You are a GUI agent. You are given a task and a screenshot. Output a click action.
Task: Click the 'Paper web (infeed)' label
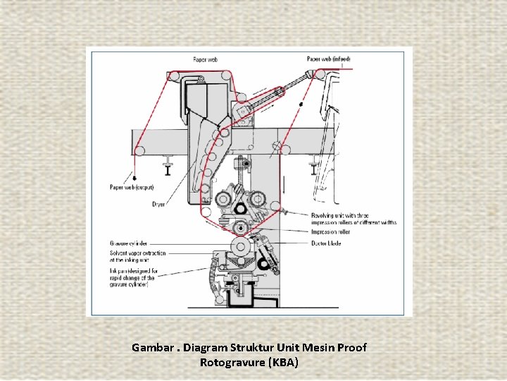328,59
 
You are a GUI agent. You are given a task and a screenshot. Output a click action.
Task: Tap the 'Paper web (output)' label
131,187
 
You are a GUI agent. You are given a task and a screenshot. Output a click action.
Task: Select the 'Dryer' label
158,205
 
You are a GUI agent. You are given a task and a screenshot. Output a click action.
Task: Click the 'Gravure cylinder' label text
127,244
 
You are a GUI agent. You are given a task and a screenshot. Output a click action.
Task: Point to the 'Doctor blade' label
326,243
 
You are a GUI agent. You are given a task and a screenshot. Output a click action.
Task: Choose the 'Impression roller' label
331,231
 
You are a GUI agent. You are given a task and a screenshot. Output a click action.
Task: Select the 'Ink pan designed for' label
133,270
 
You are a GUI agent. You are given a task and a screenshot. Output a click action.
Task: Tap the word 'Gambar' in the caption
151,348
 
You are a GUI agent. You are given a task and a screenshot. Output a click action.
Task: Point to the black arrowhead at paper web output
134,177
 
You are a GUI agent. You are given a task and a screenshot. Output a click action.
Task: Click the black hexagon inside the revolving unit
238,207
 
